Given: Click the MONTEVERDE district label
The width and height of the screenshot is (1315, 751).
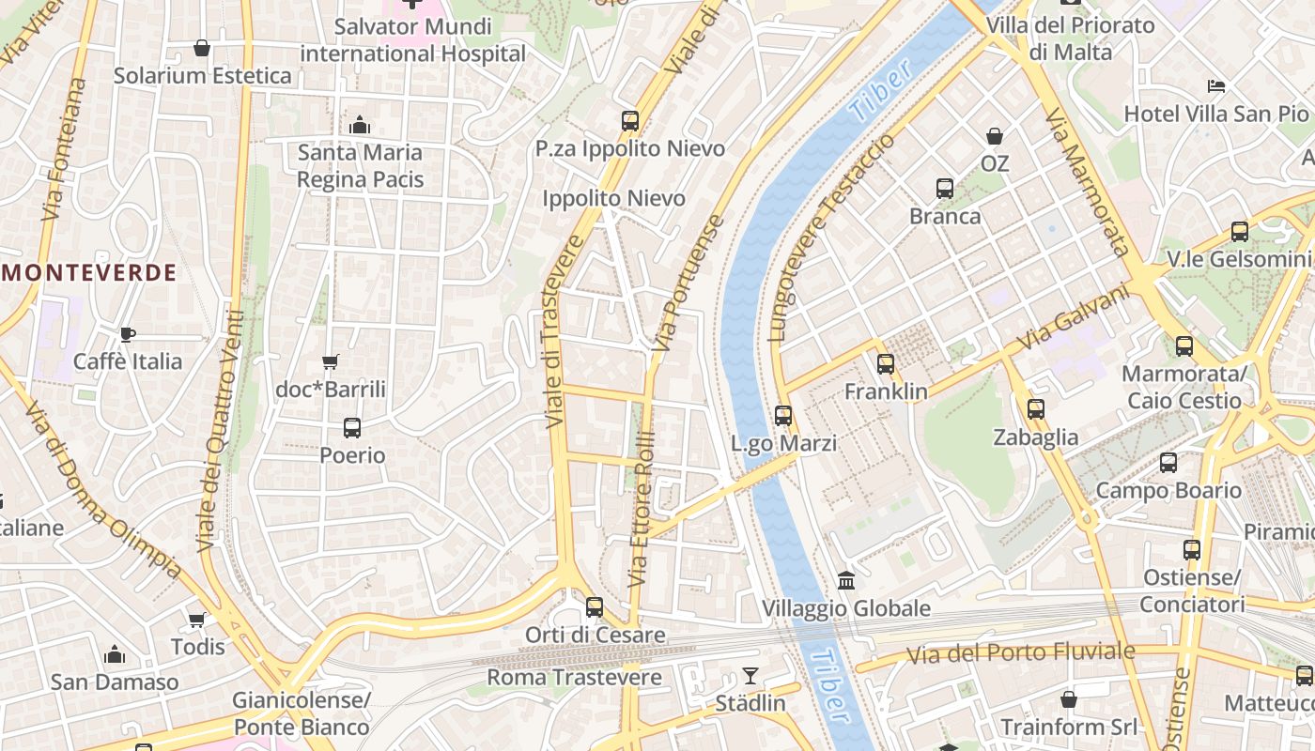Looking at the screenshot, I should click(x=90, y=273).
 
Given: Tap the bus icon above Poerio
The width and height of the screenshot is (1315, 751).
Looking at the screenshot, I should click(x=352, y=428).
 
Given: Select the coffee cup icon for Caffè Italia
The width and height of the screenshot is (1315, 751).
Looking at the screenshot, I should click(x=128, y=334).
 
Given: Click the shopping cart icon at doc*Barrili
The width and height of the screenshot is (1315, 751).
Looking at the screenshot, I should click(x=330, y=361).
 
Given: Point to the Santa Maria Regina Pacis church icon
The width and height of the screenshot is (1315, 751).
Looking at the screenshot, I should click(x=360, y=125).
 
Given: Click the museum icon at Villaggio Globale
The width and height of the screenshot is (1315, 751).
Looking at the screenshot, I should click(x=846, y=580).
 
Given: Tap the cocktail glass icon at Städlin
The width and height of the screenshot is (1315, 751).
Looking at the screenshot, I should click(x=750, y=675).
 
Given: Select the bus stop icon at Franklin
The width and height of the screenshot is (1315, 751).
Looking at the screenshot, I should click(x=886, y=363).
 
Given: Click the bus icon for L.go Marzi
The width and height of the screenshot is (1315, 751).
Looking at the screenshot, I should click(x=783, y=415).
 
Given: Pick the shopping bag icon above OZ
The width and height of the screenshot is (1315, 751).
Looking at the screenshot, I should click(x=995, y=136).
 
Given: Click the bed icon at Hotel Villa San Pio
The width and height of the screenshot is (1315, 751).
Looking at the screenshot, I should click(x=1216, y=86).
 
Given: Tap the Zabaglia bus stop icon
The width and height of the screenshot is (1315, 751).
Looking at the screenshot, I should click(x=1036, y=409).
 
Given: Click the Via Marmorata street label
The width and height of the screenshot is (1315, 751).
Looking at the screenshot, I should click(x=1087, y=183).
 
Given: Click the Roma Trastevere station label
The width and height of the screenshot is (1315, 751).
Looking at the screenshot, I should click(x=574, y=677).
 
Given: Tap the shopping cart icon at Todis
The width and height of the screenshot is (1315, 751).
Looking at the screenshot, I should click(x=197, y=620).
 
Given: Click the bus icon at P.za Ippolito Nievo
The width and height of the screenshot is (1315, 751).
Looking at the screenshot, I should click(x=630, y=121).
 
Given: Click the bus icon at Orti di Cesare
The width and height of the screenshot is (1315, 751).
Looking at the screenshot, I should click(x=594, y=607).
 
